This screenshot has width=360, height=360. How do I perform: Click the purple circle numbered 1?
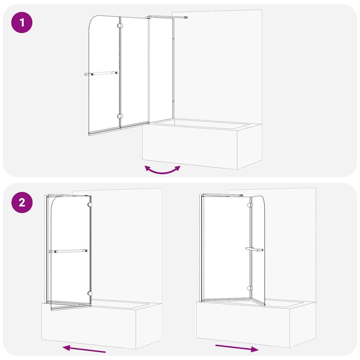pos(22,22)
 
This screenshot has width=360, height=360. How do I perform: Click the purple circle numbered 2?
pos(22,202)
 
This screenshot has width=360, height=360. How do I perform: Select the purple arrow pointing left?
pos(84,349)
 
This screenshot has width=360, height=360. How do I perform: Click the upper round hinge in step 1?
pos(120,25)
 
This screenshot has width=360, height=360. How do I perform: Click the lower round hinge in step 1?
pos(120,116)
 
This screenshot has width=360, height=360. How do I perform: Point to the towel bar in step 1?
pos(101,73)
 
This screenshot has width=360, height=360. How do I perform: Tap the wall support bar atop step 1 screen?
pos(166,17)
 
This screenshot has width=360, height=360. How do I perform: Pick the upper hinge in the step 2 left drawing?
pos(90,205)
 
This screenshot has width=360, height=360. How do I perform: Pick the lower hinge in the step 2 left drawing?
pos(90,293)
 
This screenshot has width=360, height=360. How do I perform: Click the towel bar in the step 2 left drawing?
pos(69,251)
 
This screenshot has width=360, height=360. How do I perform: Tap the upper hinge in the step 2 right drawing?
pos(250,205)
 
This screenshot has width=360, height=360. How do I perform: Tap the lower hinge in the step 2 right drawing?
pos(250,288)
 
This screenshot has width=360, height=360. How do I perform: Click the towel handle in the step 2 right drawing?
pos(255,249)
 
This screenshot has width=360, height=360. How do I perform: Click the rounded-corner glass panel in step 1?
pos(104,75)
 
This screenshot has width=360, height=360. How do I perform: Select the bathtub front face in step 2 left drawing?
pos(89,326)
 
